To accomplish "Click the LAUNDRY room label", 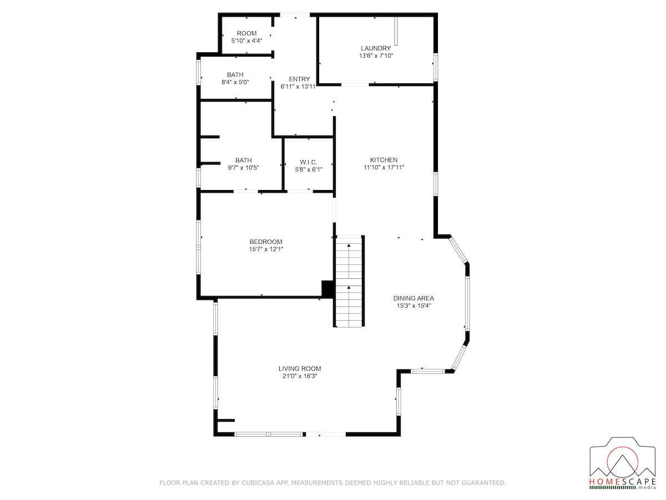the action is [x=376, y=48].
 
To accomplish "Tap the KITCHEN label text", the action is [x=384, y=159].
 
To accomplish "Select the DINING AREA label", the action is [x=413, y=298].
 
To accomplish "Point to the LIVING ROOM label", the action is [x=300, y=368].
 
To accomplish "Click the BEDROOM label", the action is [x=266, y=242].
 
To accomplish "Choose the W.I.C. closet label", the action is [x=308, y=162].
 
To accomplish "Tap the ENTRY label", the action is [x=299, y=79].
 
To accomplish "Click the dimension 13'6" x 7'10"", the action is [x=376, y=56].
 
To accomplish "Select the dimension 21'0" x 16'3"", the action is [x=300, y=376].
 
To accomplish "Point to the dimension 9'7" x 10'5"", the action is [x=243, y=168].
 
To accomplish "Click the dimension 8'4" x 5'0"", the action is [x=235, y=82].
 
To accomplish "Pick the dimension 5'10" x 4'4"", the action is [x=246, y=41].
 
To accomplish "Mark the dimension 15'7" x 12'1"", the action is [x=266, y=249].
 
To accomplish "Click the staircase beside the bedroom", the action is [x=349, y=281].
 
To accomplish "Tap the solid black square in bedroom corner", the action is [x=327, y=288].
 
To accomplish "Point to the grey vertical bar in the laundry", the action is [x=396, y=31].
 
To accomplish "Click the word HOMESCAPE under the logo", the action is [x=623, y=490].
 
